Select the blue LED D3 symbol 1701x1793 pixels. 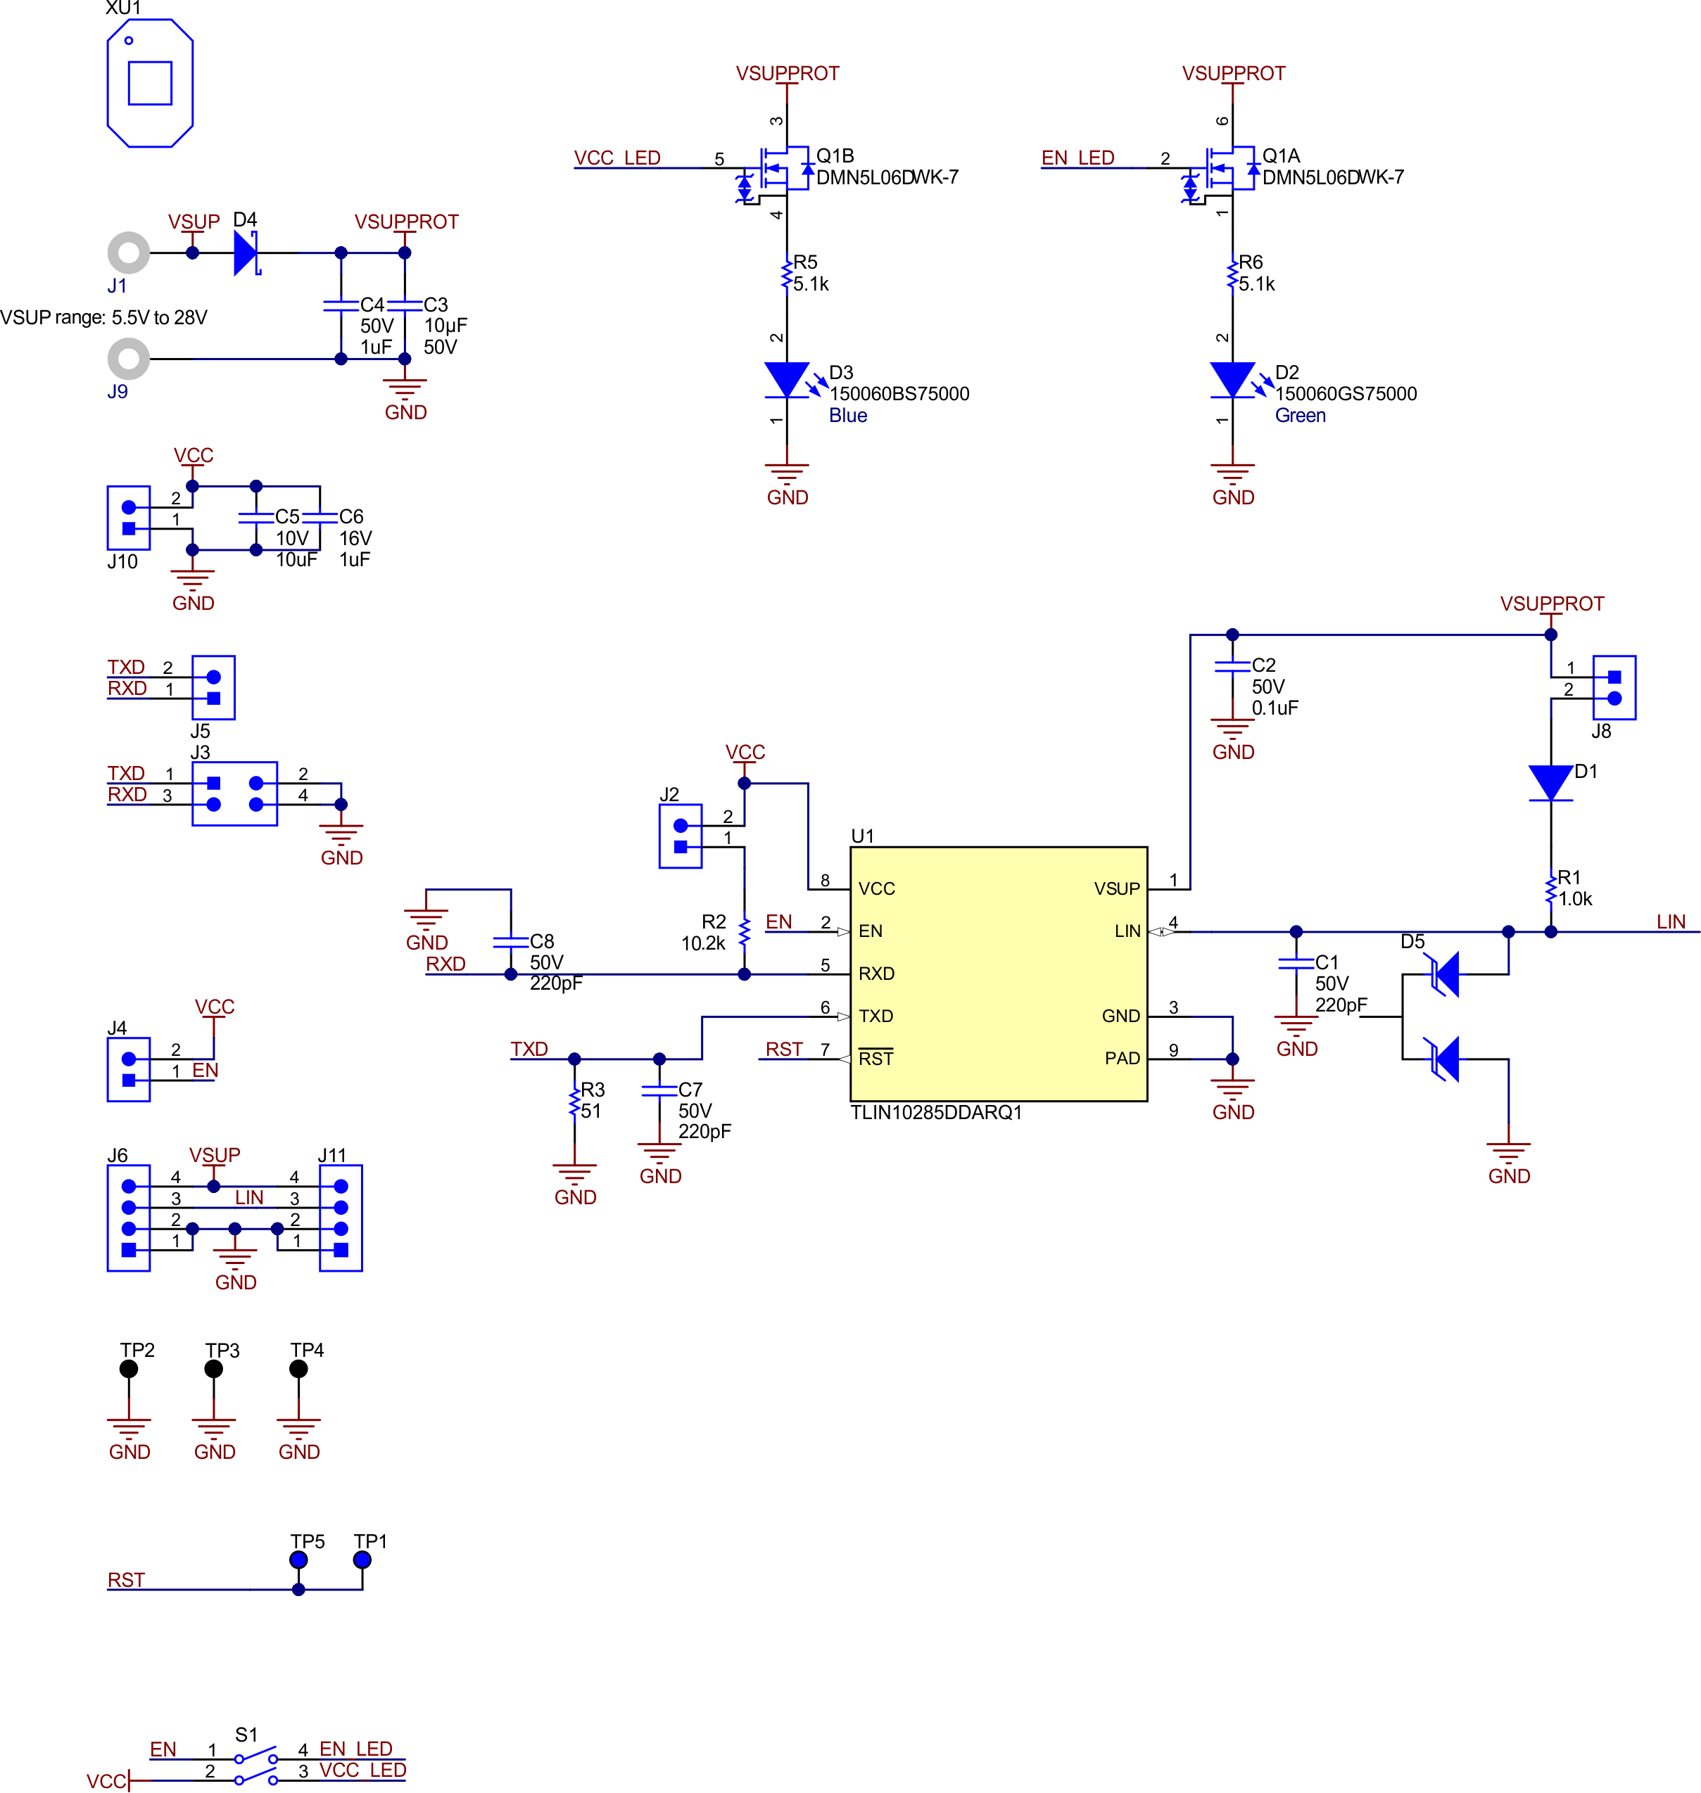pyautogui.click(x=786, y=380)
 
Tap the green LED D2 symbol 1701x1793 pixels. pyautogui.click(x=1232, y=380)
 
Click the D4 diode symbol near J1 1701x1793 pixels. pyautogui.click(x=246, y=253)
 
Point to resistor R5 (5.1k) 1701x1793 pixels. pyautogui.click(x=786, y=274)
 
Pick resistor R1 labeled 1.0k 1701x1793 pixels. pyautogui.click(x=1550, y=889)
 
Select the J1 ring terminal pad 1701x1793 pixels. pyautogui.click(x=129, y=253)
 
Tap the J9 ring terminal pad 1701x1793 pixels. pyautogui.click(x=129, y=359)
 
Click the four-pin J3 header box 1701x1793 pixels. pyautogui.click(x=235, y=793)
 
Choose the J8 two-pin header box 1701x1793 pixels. pyautogui.click(x=1614, y=687)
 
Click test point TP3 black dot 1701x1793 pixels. pyautogui.click(x=214, y=1369)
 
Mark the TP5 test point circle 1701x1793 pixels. pyautogui.click(x=298, y=1559)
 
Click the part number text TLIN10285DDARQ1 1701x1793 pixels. pyautogui.click(x=936, y=1112)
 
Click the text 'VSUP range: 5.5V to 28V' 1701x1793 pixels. pyautogui.click(x=103, y=317)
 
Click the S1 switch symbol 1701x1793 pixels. pyautogui.click(x=255, y=1768)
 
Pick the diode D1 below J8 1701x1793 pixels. pyautogui.click(x=1550, y=783)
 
